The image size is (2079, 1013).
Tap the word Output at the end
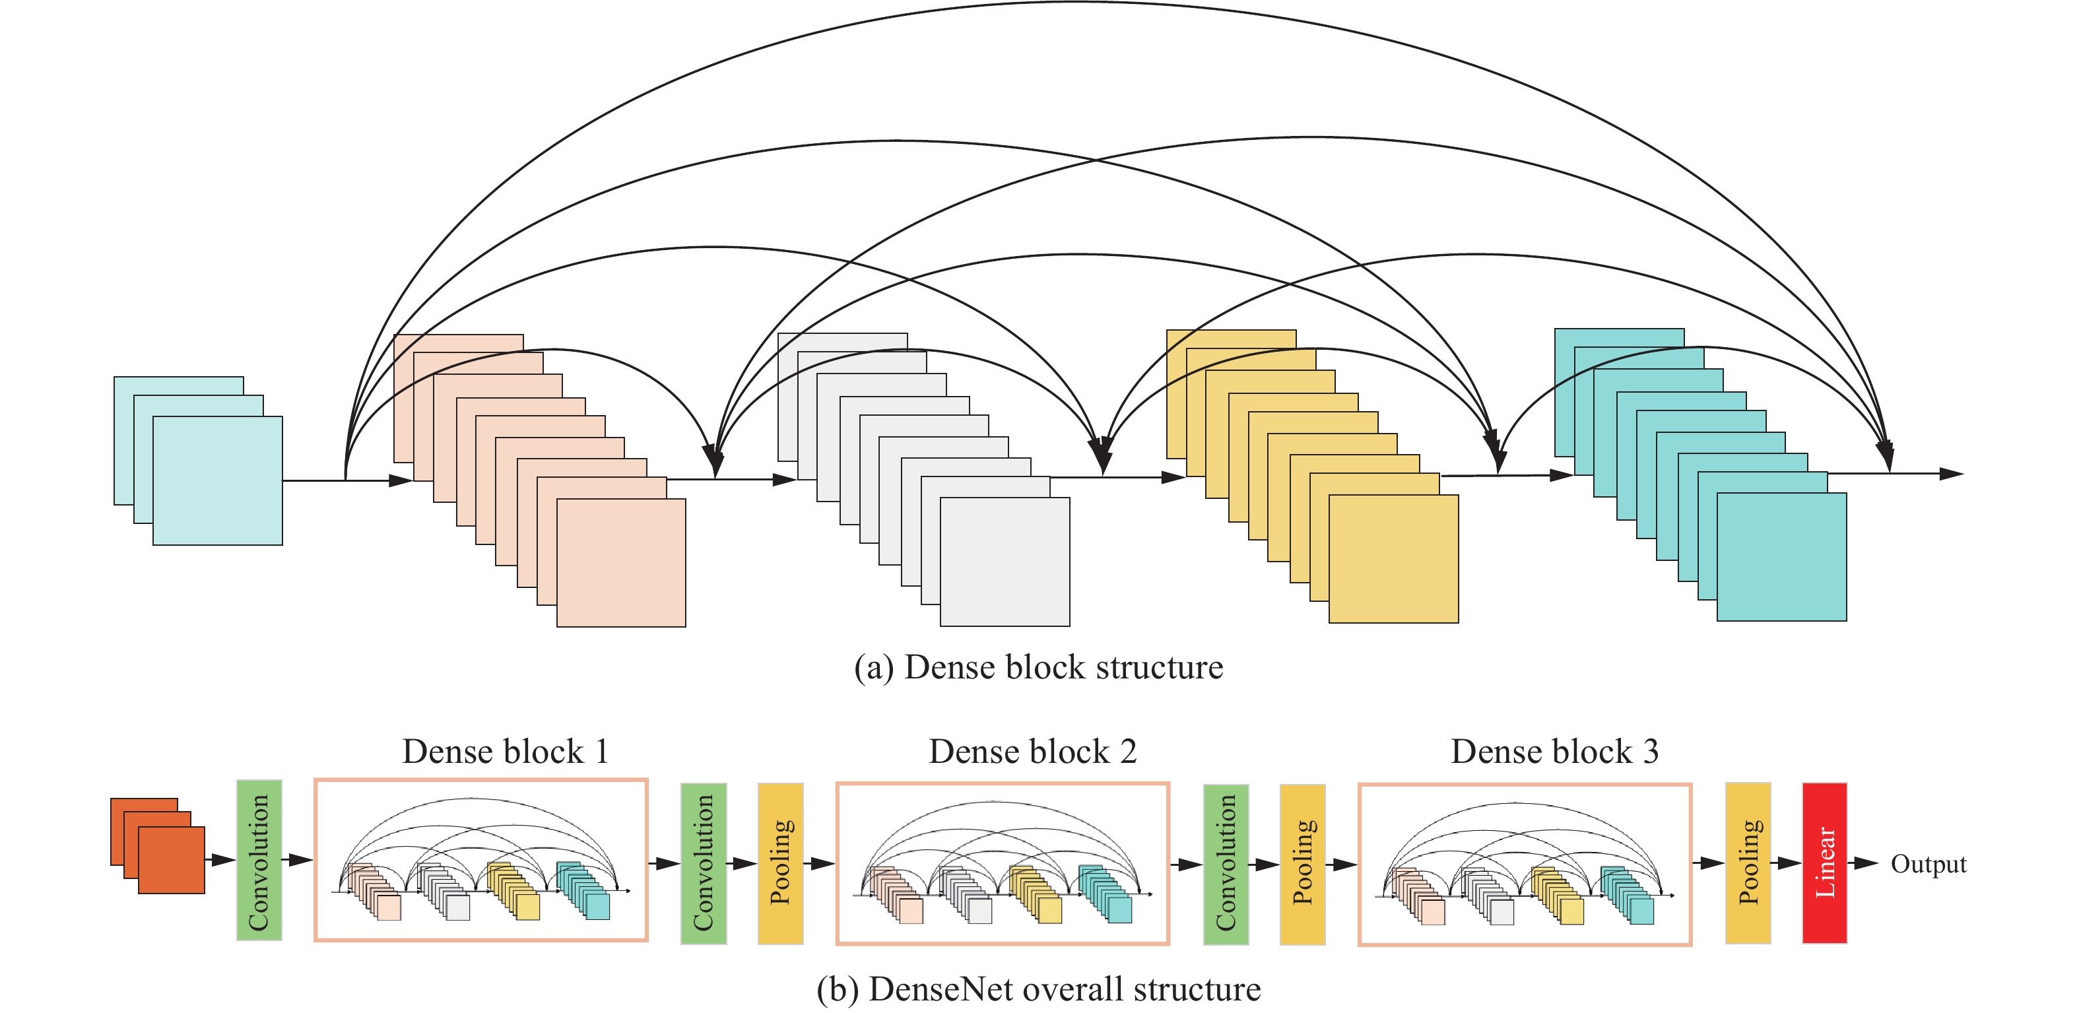[x=1928, y=864]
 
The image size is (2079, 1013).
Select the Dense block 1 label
[x=505, y=752]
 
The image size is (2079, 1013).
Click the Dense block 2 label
[x=1032, y=752]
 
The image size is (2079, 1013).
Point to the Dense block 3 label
[x=1554, y=752]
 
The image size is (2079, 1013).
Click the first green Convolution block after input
[x=259, y=861]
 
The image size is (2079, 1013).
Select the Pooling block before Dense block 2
[x=780, y=863]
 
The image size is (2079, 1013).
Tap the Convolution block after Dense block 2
[x=1226, y=864]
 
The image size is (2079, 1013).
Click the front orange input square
[x=171, y=861]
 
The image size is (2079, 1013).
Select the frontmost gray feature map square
[x=1005, y=562]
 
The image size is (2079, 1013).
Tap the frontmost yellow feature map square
[x=1393, y=558]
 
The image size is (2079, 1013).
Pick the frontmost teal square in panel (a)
[x=1781, y=557]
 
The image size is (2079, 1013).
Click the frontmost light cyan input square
[x=217, y=481]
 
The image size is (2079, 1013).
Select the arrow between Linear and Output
[x=1864, y=863]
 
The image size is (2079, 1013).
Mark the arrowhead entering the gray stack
[x=785, y=480]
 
